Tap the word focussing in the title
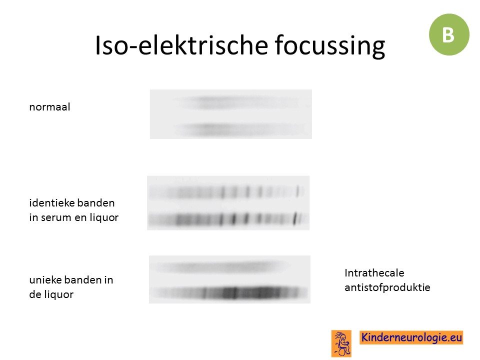[329, 46]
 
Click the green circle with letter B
[449, 34]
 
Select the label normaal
[49, 107]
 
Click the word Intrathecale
[374, 273]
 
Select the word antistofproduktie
[387, 287]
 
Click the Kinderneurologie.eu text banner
[411, 337]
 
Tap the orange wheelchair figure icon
[341, 343]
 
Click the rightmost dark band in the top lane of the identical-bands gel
[297, 191]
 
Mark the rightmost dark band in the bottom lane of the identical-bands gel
[295, 218]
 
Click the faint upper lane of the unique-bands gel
[220, 266]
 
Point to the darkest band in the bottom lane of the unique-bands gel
[234, 293]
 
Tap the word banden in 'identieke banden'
[95, 202]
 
